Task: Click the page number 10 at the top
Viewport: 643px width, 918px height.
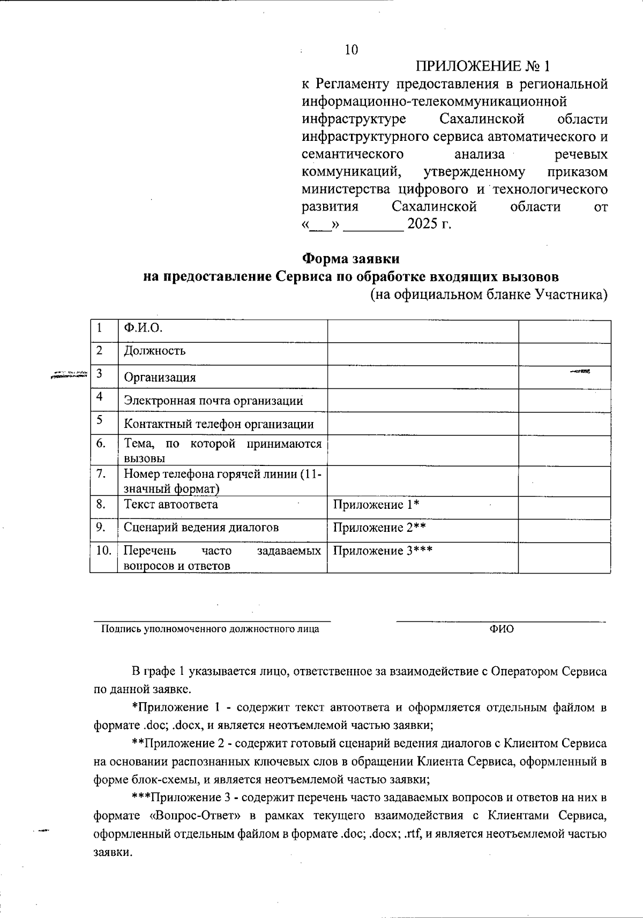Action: [x=351, y=50]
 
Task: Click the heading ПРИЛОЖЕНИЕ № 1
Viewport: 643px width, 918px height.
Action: [x=483, y=66]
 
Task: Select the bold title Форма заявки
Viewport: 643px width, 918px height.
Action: [x=351, y=259]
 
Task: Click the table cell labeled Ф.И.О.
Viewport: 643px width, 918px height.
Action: [x=143, y=328]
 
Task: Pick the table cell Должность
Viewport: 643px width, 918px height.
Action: [x=155, y=351]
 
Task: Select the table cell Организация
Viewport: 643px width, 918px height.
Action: [x=160, y=377]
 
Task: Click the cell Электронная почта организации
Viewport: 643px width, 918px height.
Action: [x=213, y=401]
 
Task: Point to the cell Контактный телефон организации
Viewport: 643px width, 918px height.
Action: [x=219, y=424]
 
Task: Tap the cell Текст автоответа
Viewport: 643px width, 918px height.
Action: [x=171, y=505]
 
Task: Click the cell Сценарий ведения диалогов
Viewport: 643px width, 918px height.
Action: [x=201, y=527]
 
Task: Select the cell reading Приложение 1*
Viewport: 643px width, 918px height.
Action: [x=376, y=505]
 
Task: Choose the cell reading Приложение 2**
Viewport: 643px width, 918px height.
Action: [x=379, y=528]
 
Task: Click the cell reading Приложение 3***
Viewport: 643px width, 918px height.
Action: [x=383, y=551]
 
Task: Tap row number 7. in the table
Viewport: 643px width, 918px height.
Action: [x=101, y=473]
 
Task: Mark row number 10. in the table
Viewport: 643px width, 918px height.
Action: [x=103, y=551]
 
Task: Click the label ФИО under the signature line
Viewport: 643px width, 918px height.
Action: [x=501, y=629]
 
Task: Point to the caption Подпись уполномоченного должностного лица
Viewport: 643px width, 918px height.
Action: [x=211, y=629]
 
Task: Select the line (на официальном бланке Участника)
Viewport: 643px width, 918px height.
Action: [x=489, y=295]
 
